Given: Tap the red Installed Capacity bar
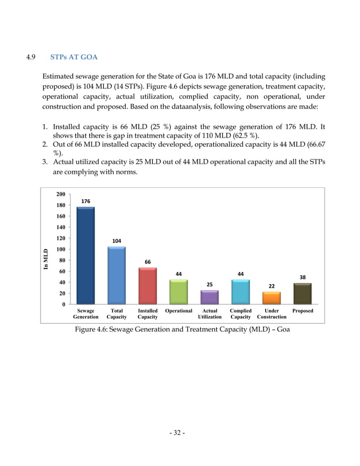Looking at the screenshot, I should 148,286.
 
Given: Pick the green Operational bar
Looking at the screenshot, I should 178,292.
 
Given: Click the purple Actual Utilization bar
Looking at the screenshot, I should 209,297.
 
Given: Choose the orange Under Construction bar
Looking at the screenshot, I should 271,298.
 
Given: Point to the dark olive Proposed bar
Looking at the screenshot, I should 302,294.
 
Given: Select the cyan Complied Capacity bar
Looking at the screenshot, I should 240,292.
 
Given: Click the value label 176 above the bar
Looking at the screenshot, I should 86,201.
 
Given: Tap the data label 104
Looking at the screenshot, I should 117,241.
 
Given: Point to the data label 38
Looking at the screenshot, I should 302,277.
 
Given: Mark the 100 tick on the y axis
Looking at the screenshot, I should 60,249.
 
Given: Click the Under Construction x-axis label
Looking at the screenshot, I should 271,314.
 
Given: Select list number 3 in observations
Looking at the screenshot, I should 45,163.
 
